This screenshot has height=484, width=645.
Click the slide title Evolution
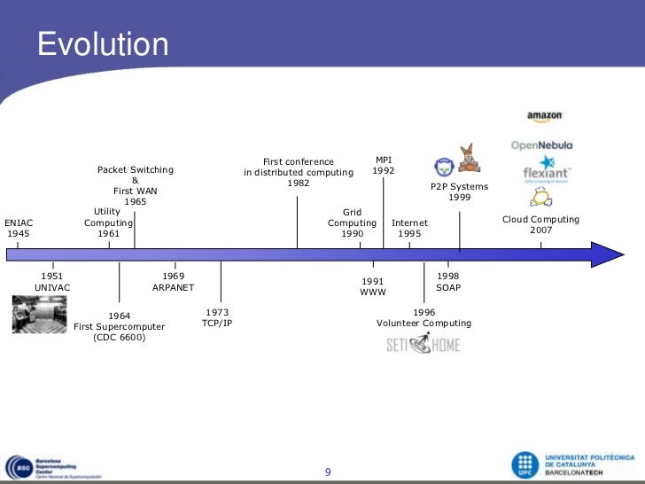103,44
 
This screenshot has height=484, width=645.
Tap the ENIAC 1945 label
19,229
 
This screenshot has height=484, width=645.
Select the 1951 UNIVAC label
52,282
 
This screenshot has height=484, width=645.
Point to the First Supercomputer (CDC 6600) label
119,326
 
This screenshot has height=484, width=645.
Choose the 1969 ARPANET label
173,282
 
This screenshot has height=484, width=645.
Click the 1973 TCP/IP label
217,318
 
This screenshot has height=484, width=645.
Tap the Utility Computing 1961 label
108,222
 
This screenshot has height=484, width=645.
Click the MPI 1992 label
384,165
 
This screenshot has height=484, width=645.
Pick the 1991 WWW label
373,286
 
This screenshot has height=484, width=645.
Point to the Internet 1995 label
409,229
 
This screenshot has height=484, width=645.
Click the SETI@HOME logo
423,344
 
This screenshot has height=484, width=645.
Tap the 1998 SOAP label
448,282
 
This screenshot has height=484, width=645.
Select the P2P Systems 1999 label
459,192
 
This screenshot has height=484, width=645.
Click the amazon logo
544,116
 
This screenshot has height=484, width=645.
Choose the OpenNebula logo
541,144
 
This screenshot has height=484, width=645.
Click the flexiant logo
546,168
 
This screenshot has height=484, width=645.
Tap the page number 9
328,472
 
